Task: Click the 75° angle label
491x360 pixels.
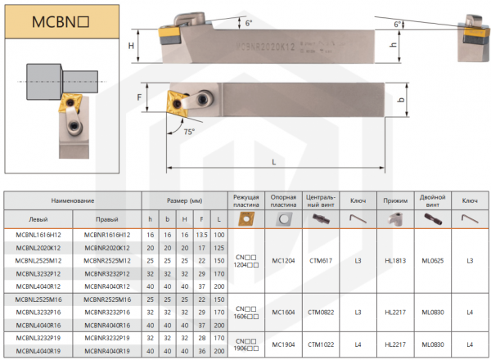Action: pos(190,131)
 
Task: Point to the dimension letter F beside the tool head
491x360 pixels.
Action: pos(140,98)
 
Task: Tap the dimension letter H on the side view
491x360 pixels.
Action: pos(131,47)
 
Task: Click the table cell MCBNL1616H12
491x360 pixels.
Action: pos(38,236)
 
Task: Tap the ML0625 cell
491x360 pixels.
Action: pos(433,260)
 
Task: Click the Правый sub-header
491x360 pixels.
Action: pos(107,219)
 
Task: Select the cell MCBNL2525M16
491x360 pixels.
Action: pos(38,299)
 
